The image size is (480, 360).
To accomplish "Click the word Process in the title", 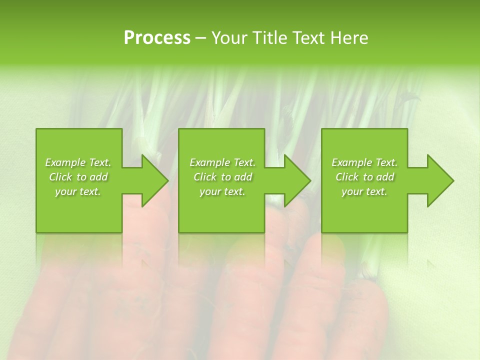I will [157, 38].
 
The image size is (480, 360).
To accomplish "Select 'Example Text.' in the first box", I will [78, 162].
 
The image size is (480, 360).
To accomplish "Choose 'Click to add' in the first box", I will [78, 177].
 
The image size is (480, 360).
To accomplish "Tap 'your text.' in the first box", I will [78, 191].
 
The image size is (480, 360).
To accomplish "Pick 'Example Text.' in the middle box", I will [222, 162].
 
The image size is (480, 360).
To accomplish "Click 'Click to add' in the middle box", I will [222, 177].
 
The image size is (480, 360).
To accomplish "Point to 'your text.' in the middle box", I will [222, 191].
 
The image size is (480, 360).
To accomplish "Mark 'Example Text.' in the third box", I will [364, 162].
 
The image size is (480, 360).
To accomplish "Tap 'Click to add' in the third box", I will [364, 177].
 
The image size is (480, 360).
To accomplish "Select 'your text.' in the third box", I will [364, 191].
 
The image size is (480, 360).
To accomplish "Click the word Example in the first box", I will [65, 162].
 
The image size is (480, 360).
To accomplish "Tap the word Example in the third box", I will [352, 162].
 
